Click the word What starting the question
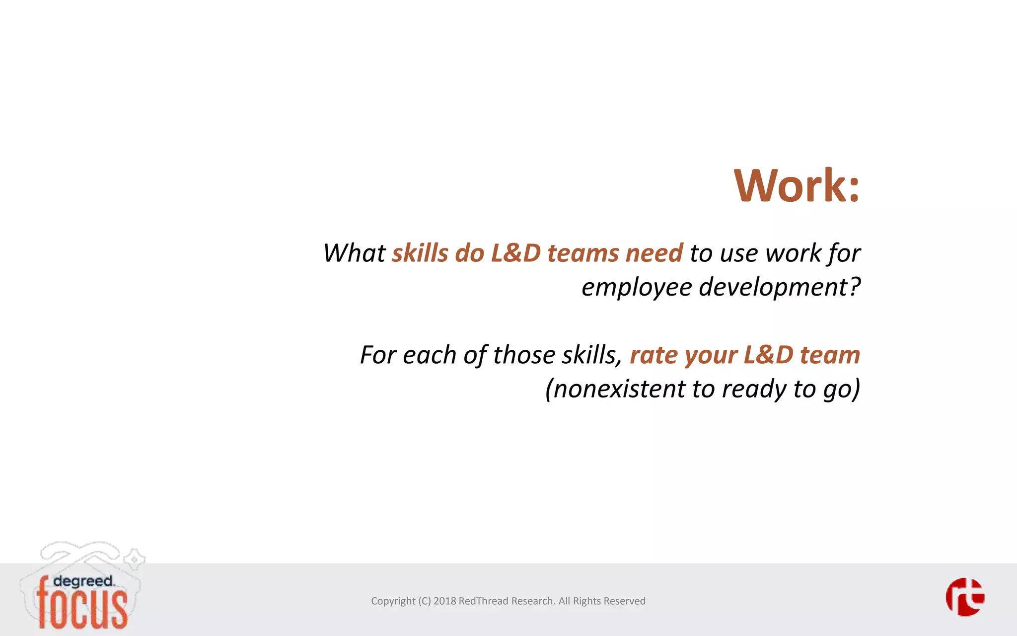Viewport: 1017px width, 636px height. (354, 253)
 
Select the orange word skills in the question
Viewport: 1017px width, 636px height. (420, 253)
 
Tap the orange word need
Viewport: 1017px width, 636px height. (654, 253)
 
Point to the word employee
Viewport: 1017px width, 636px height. (636, 288)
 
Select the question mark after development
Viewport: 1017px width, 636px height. (854, 287)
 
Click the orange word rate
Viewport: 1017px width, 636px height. (654, 355)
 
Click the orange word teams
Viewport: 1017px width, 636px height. (582, 253)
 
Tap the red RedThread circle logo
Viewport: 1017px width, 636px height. (964, 597)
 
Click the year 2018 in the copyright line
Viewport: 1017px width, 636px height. (444, 601)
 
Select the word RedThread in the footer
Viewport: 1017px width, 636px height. (483, 601)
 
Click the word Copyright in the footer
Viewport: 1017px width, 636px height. (393, 601)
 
